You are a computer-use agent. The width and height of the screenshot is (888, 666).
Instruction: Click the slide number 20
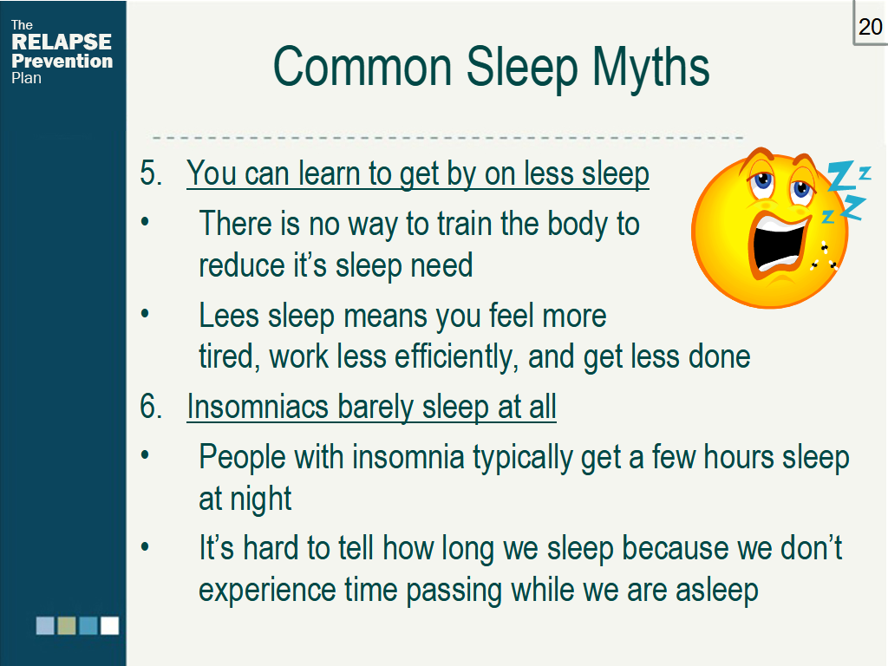[x=870, y=27]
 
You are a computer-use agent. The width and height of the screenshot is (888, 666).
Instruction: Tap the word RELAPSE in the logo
[x=62, y=42]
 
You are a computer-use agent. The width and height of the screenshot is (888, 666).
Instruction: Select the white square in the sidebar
[x=109, y=625]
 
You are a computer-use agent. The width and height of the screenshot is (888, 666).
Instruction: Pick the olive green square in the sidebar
[x=67, y=625]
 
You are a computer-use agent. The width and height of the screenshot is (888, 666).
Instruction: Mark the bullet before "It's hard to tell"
[x=146, y=548]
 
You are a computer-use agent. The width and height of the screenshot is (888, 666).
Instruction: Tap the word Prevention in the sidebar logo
[x=62, y=61]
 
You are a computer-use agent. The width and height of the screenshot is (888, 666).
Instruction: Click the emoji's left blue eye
[x=763, y=183]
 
